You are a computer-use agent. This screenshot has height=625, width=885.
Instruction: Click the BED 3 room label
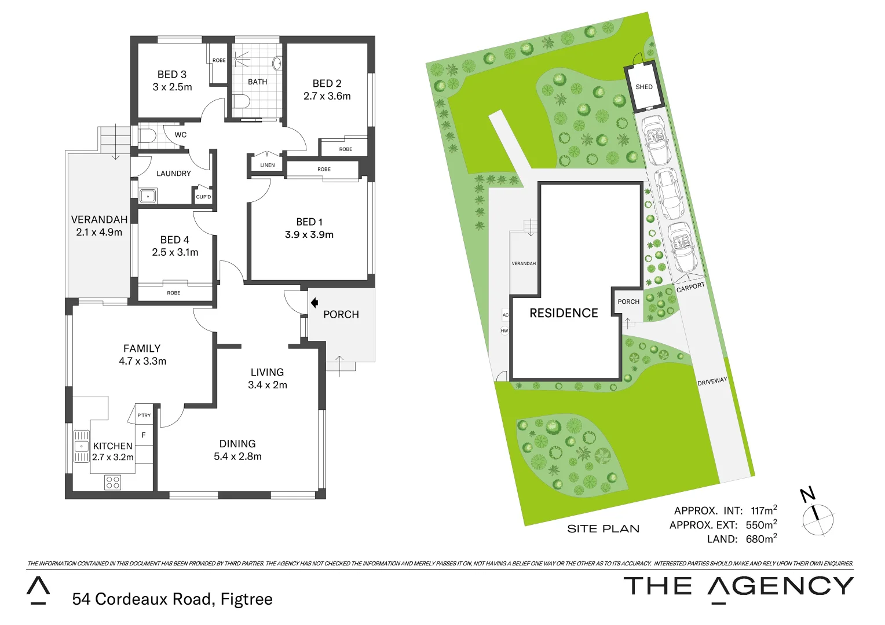pos(172,75)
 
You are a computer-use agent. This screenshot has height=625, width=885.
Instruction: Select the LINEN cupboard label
pos(267,166)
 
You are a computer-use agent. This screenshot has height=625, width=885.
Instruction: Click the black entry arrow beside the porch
pos(314,302)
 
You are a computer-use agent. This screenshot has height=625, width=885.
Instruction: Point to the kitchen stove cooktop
pos(113,481)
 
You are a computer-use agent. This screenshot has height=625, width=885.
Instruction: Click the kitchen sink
pos(81,446)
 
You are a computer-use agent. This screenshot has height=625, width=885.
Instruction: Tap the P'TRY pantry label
pos(144,416)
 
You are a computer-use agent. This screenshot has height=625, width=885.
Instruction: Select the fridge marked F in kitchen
pos(144,435)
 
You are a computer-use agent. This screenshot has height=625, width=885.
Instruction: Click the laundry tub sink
pos(148,196)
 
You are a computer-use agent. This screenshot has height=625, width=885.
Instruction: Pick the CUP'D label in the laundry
pos(203,197)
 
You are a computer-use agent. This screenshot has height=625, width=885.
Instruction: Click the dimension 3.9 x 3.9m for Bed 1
pos(309,235)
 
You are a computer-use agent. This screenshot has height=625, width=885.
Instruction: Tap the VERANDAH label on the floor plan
pos(99,220)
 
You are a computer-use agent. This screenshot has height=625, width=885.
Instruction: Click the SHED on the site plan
pos(644,87)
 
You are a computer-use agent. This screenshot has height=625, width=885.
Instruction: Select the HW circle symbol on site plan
pos(504,331)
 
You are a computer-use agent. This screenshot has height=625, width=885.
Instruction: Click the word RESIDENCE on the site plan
pos(564,313)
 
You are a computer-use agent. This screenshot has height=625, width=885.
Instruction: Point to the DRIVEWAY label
pos(712,382)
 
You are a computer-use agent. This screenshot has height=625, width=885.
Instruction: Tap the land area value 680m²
pos(760,539)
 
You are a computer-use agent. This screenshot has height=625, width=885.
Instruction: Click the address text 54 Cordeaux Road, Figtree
pos(172,599)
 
